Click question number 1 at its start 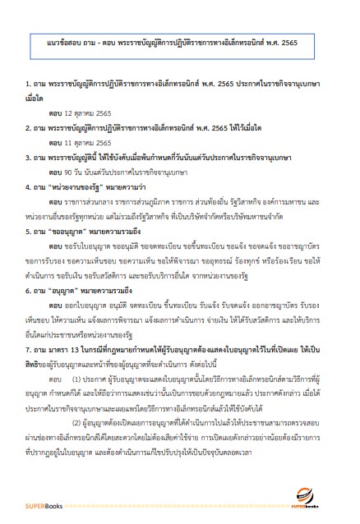[28, 85]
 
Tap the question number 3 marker [28, 158]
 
